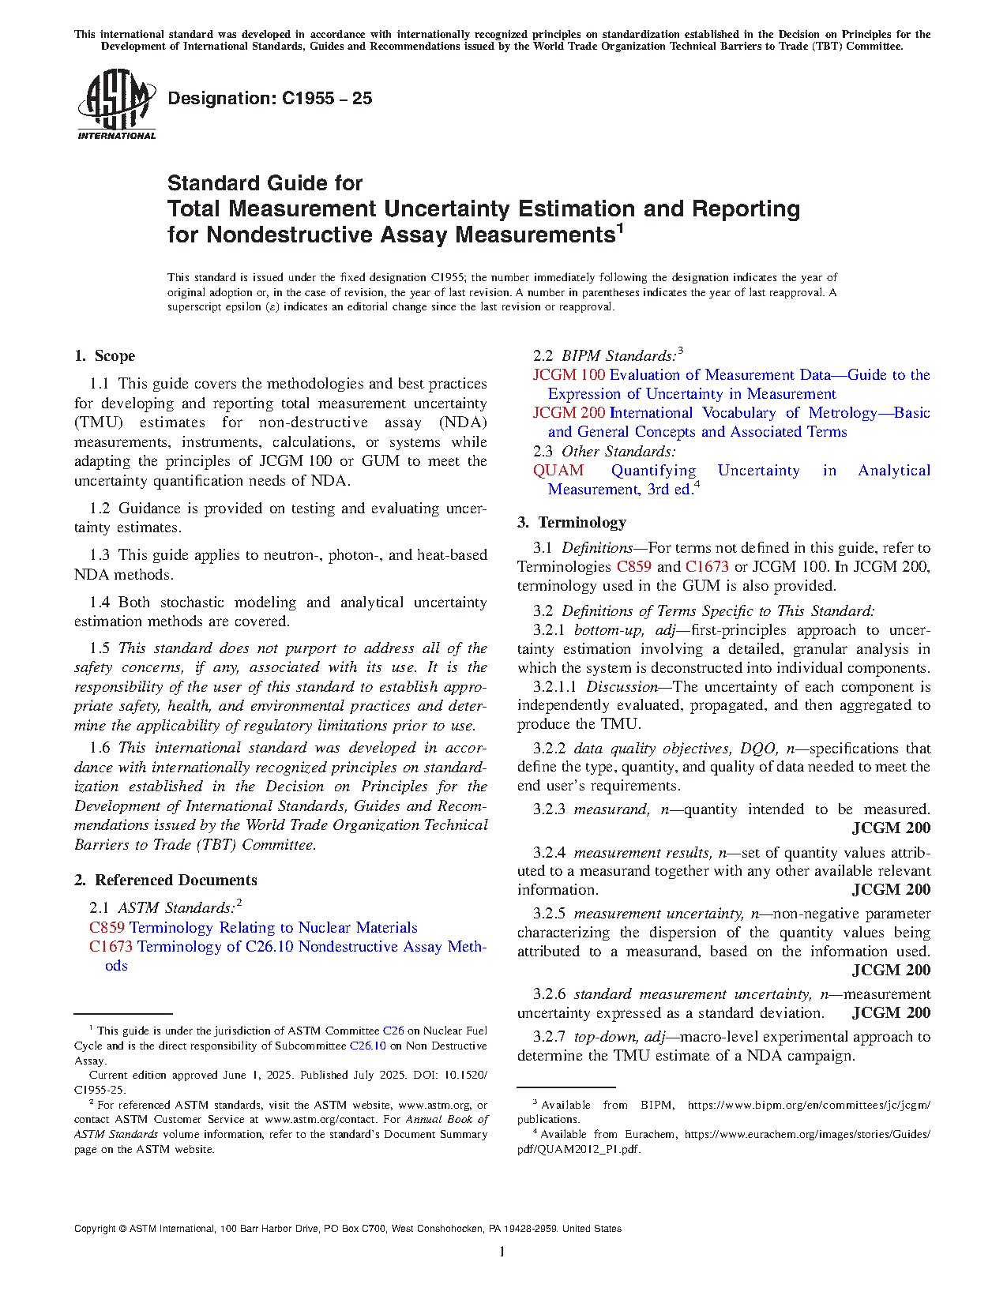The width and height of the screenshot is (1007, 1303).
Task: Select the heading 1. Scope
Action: (105, 356)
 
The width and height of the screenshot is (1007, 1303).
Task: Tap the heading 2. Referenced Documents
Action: (166, 881)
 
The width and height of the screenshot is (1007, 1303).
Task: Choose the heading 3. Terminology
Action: (572, 523)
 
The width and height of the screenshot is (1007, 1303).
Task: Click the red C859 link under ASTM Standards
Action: (107, 928)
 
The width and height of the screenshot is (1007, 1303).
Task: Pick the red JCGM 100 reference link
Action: (569, 375)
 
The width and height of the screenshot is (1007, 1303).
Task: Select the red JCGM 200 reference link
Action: (569, 413)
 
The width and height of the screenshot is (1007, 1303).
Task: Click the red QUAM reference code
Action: (558, 471)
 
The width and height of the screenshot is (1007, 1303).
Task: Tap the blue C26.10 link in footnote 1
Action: (368, 1046)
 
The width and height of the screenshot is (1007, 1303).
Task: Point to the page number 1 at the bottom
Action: (502, 1251)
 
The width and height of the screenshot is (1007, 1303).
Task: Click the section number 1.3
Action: (100, 555)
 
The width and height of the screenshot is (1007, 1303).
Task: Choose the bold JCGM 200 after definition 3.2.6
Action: (891, 1013)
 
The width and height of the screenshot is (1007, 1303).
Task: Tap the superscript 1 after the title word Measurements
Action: (620, 230)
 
